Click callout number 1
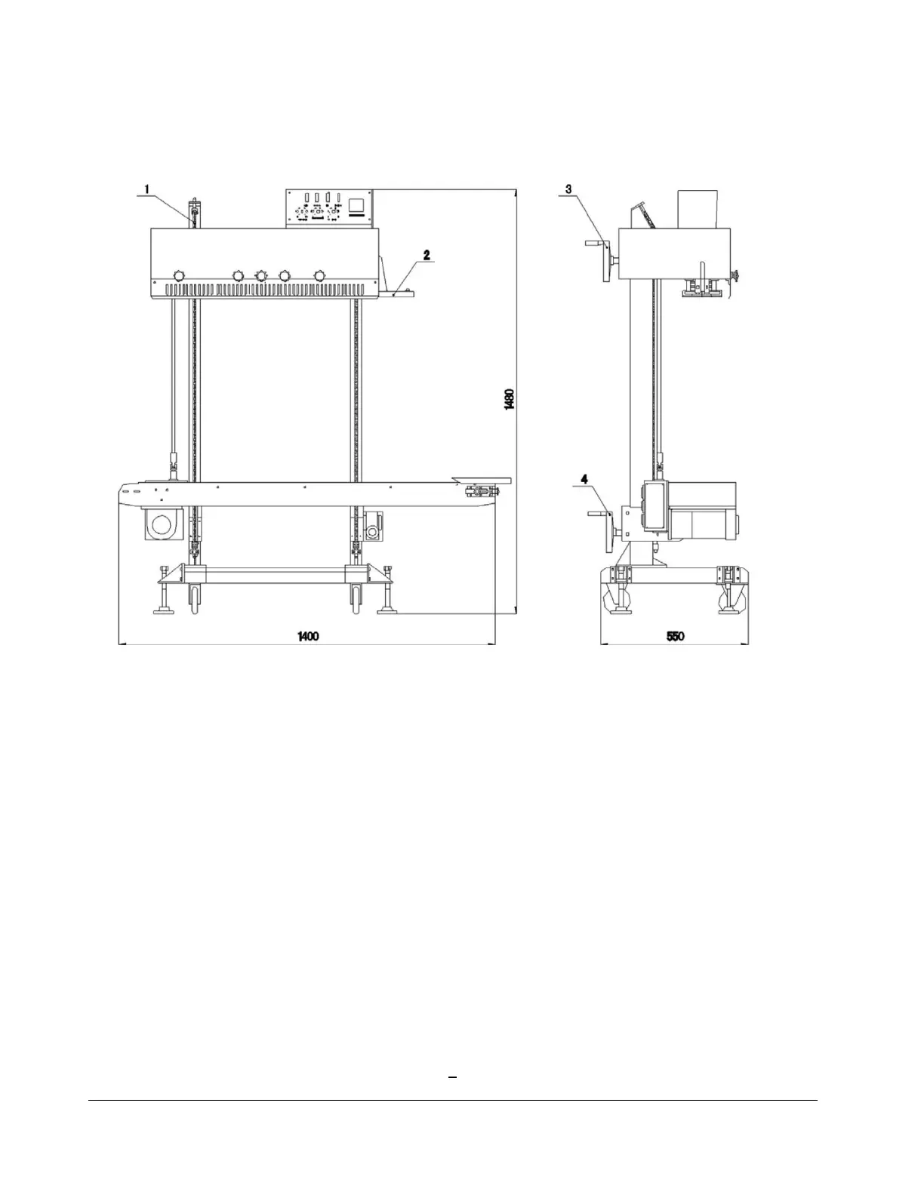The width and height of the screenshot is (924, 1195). tap(146, 189)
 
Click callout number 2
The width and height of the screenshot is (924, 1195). tap(427, 255)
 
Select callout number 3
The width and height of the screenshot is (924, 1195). tap(568, 189)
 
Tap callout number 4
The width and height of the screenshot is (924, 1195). tap(584, 480)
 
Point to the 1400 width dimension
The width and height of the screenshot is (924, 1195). tap(308, 636)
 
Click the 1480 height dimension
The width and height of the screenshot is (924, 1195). tap(509, 399)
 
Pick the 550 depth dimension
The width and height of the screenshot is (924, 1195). tap(675, 636)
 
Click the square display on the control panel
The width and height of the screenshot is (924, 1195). tap(358, 205)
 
